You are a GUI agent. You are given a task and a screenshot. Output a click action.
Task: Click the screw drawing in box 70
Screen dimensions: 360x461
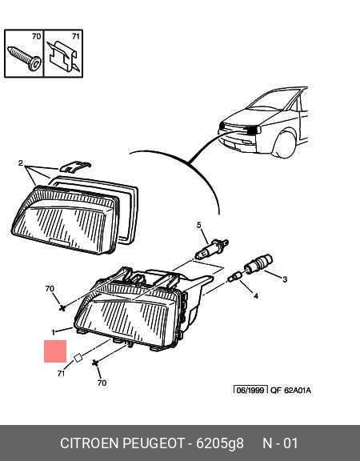(25, 58)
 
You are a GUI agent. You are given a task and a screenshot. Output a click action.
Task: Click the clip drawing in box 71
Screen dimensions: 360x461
(64, 56)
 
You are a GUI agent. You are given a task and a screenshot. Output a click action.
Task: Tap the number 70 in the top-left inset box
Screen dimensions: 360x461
(37, 37)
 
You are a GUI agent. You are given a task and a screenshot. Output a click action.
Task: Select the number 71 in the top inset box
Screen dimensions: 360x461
(76, 37)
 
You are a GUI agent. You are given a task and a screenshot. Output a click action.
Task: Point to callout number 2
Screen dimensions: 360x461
(20, 163)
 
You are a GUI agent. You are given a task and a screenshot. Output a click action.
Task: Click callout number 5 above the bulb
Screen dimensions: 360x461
(199, 225)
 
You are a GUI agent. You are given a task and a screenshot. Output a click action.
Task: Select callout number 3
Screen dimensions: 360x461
(285, 279)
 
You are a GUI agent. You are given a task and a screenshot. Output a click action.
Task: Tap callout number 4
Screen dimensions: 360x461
(256, 296)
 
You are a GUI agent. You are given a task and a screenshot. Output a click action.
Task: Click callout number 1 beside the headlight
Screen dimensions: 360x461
(53, 332)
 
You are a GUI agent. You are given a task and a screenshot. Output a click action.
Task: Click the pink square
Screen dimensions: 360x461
(55, 351)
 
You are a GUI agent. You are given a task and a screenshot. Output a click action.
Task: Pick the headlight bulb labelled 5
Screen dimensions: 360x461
(211, 249)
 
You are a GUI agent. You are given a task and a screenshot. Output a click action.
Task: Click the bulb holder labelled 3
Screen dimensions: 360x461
(258, 264)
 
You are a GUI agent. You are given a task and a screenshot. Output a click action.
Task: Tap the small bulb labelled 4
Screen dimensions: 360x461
(235, 277)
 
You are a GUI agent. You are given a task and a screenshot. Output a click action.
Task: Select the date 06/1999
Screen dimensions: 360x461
(250, 390)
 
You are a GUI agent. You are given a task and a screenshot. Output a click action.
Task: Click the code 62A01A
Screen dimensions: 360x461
(298, 390)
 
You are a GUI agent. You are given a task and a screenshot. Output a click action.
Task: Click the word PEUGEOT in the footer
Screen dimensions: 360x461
(154, 443)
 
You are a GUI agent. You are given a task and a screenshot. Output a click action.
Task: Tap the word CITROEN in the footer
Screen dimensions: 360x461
(89, 443)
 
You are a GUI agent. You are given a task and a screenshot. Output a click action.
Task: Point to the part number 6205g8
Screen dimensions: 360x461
(220, 443)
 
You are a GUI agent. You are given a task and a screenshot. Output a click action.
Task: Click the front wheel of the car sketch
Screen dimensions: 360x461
(284, 145)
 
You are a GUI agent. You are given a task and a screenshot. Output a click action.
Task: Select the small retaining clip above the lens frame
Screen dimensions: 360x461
(75, 166)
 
